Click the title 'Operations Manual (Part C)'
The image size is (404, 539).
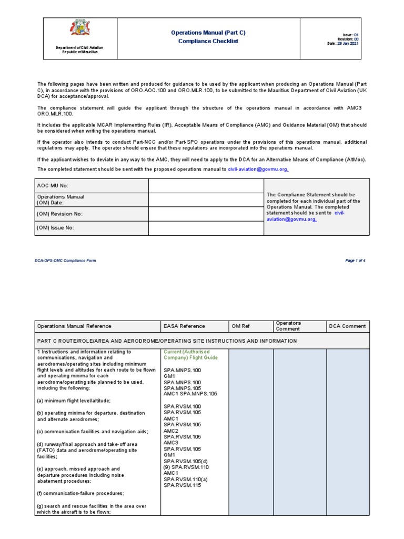208,33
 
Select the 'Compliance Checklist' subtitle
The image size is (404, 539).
208,41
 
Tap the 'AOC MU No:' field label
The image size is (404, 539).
52,186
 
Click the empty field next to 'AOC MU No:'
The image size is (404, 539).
205,186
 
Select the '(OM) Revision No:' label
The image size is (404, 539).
59,214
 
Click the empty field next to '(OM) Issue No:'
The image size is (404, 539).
205,228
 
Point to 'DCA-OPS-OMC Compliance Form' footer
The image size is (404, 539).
66,261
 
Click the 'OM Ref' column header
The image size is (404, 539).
240,326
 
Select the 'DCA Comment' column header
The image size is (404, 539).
347,326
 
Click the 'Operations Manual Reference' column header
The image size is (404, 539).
74,326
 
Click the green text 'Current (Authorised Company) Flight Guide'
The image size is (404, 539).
187,354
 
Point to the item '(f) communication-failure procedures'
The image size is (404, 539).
80,493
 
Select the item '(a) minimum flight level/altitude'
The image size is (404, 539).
74,401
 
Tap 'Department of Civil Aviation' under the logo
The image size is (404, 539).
80,48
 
